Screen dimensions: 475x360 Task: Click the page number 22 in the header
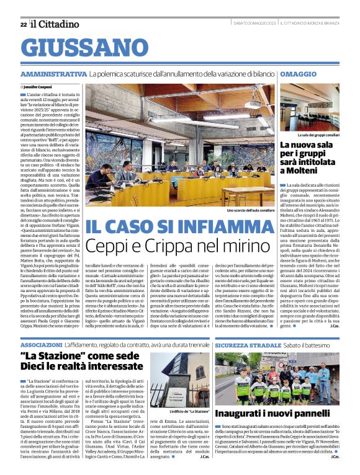coord(23,24)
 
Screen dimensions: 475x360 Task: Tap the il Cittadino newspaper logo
coord(56,24)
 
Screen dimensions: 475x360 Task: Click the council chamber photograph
coord(179,146)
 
